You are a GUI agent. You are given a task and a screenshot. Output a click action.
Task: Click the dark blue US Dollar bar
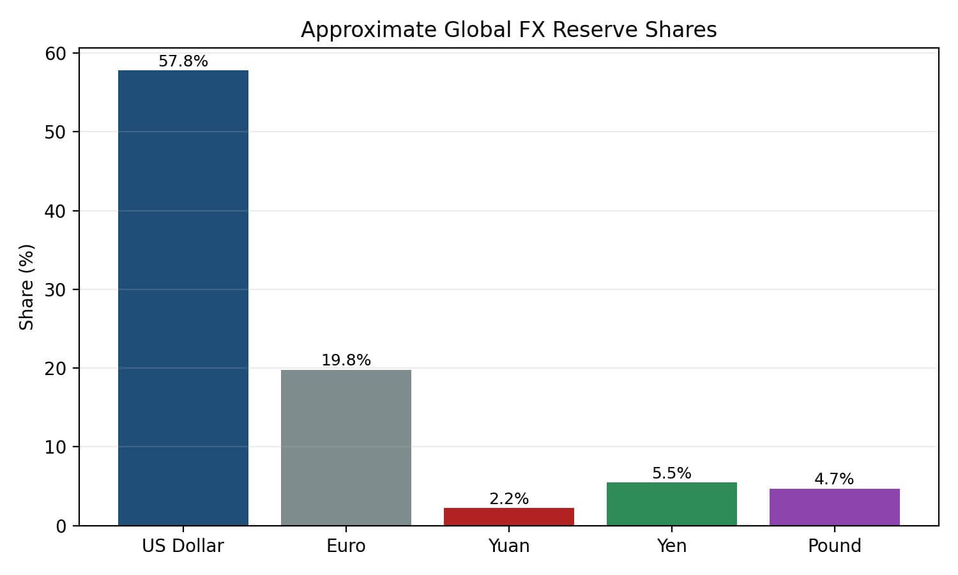click(x=183, y=298)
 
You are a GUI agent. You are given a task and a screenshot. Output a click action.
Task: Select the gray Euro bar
click(x=346, y=447)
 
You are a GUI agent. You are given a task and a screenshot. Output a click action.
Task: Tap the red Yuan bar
click(x=509, y=516)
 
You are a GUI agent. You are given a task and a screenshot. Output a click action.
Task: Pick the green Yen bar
click(x=672, y=503)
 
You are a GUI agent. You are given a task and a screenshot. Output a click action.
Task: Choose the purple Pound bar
click(x=835, y=507)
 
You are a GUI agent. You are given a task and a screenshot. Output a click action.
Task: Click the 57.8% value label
click(x=183, y=61)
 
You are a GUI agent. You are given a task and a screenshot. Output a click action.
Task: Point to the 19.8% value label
click(x=346, y=360)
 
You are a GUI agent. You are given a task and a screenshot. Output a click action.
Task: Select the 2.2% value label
click(x=509, y=499)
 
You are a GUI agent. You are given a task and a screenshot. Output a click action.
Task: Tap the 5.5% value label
click(x=672, y=473)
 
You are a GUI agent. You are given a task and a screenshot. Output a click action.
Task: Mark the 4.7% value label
click(x=834, y=479)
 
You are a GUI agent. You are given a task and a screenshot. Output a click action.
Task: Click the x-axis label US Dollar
click(x=183, y=546)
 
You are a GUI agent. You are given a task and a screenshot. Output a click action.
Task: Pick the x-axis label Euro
click(x=346, y=546)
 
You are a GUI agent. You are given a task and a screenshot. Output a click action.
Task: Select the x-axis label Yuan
click(x=509, y=546)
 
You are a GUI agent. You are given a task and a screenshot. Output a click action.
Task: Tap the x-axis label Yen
click(x=672, y=546)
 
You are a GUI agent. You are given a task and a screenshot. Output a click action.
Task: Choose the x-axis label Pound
click(x=835, y=546)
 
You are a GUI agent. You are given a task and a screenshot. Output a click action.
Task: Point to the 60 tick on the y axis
click(x=56, y=54)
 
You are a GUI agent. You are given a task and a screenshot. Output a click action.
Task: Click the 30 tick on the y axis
click(x=56, y=289)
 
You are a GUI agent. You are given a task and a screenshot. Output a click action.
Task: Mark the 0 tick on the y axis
click(x=61, y=526)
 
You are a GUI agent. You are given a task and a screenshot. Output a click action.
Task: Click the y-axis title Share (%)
click(x=27, y=287)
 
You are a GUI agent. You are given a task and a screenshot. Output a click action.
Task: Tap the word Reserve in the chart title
click(x=591, y=30)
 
